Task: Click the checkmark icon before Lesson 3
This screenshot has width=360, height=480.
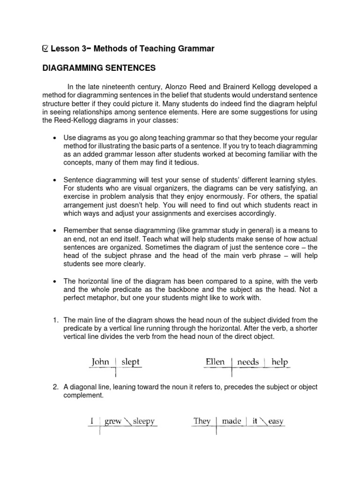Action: [45, 48]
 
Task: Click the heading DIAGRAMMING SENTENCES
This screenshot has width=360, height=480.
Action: [98, 68]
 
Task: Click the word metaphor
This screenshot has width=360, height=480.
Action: [106, 298]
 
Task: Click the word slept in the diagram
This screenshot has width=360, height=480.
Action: [130, 362]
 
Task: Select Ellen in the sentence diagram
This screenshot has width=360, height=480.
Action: [216, 362]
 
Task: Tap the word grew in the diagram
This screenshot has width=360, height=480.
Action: [113, 421]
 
